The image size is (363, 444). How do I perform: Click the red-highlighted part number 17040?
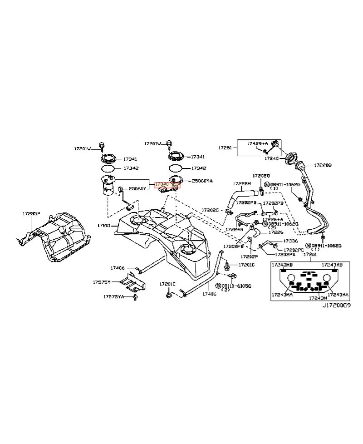tap(161, 184)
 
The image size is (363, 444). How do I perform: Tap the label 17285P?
tap(32, 212)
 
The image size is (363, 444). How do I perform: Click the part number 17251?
tap(226, 148)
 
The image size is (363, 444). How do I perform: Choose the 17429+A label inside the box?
tap(257, 143)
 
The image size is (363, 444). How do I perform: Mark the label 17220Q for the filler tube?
tap(323, 166)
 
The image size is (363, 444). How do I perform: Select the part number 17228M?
tap(242, 184)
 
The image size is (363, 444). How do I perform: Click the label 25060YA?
tap(202, 181)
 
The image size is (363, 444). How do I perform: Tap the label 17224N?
tap(235, 229)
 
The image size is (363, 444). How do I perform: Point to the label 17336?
tap(290, 241)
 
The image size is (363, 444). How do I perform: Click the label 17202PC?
tap(294, 250)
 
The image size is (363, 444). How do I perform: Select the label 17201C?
tap(246, 265)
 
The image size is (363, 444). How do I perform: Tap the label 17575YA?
tap(113, 297)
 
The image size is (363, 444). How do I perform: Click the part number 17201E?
tap(167, 284)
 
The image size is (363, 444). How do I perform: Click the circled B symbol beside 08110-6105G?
tap(218, 286)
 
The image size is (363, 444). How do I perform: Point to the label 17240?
tap(271, 159)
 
